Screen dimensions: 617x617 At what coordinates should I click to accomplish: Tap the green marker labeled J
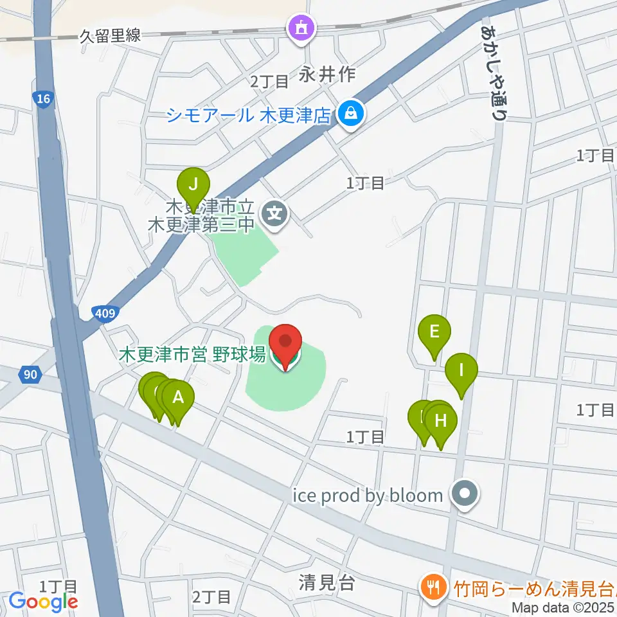click(193, 187)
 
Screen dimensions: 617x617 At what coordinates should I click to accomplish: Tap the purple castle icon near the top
click(301, 28)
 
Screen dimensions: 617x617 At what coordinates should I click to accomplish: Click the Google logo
click(43, 602)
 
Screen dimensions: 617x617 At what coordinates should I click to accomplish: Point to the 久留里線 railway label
click(109, 36)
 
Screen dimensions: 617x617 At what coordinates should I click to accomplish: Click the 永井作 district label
click(327, 75)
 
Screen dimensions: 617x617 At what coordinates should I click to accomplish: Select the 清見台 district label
click(327, 582)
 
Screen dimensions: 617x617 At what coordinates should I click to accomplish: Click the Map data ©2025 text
click(564, 607)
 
